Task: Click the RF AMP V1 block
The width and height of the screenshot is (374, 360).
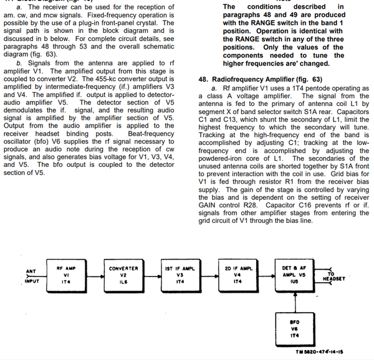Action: coord(67,275)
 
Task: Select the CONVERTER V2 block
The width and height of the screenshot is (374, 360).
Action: coord(123,275)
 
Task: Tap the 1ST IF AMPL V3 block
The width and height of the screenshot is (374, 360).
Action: coord(179,275)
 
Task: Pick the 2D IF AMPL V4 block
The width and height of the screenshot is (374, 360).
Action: coord(236,275)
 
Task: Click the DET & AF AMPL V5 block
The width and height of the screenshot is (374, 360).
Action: coord(292,275)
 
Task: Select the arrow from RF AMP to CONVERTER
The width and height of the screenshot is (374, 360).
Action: coord(95,275)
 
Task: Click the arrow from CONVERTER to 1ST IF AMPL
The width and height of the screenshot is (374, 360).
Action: coord(151,275)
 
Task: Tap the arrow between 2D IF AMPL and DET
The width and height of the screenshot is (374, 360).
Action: coord(264,275)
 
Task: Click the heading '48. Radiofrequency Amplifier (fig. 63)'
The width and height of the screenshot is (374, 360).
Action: coord(260,80)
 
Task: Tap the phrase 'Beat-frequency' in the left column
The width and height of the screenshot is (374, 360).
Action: coord(150,133)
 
